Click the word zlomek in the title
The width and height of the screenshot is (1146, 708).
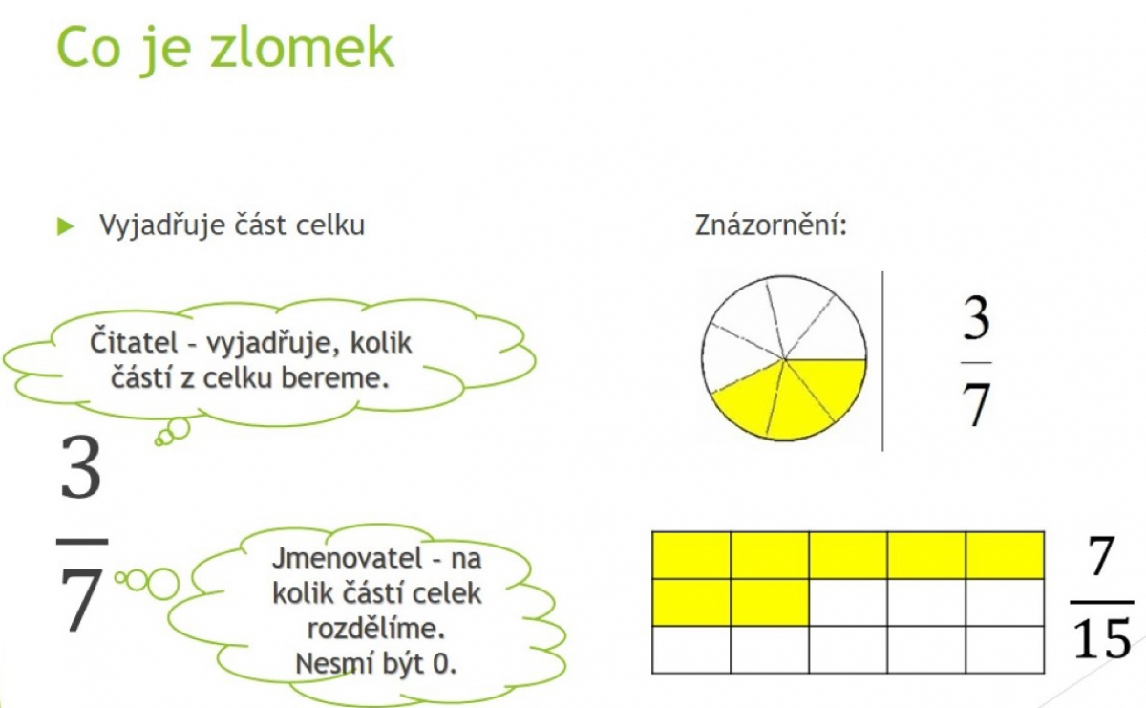click(302, 47)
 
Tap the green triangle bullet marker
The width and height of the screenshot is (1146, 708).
click(66, 226)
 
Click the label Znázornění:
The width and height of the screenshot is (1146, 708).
click(771, 225)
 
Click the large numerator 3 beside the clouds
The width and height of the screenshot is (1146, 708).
click(81, 468)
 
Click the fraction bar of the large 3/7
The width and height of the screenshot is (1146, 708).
click(82, 541)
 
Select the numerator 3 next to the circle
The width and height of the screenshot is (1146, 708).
click(976, 318)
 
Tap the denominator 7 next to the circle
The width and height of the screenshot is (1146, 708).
click(976, 405)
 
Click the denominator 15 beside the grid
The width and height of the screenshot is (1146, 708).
click(1101, 638)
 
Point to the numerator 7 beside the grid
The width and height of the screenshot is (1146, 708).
click(1101, 555)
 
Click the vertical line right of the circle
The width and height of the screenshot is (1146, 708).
click(882, 361)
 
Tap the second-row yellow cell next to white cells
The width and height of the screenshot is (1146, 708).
click(770, 603)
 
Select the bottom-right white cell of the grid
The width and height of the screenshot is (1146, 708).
click(1005, 649)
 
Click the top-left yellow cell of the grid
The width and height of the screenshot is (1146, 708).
click(691, 555)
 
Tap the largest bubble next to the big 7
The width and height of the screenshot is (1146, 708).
click(163, 584)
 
